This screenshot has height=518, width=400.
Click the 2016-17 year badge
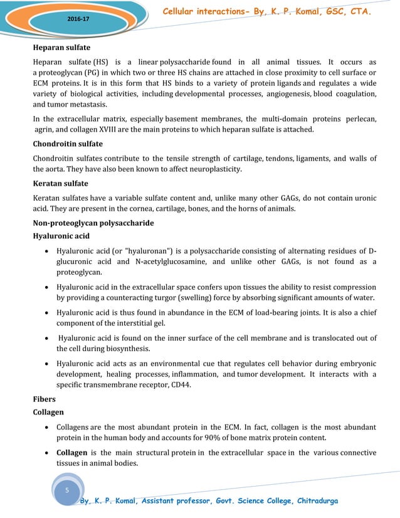coord(78,19)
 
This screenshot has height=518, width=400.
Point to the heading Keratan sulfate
coord(60,184)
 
